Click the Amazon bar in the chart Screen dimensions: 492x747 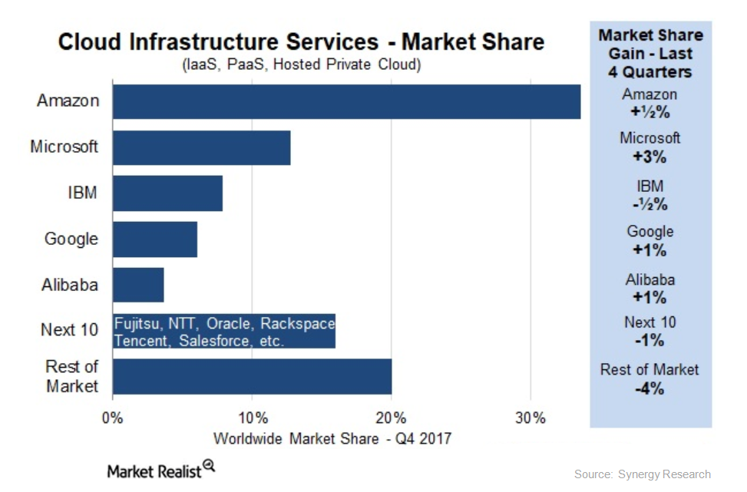tap(346, 102)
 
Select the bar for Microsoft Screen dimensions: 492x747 tap(201, 147)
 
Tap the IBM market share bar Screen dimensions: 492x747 tap(167, 193)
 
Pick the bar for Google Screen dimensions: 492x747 tap(154, 239)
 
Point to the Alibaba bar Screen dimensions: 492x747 tap(138, 285)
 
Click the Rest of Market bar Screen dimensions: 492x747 tap(252, 377)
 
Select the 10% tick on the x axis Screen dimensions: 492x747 tap(253, 418)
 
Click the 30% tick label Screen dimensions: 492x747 tap(531, 418)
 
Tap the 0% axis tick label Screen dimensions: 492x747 tap(113, 418)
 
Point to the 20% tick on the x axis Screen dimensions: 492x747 tap(392, 418)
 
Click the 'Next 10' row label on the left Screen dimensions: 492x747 tap(69, 331)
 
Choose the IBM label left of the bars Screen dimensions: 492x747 tap(82, 193)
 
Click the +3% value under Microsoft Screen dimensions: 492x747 tap(649, 157)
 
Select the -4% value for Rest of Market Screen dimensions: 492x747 tap(649, 388)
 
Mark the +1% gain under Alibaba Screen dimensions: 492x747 tap(649, 297)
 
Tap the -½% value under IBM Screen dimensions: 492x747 tap(649, 204)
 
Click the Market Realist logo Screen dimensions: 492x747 tap(161, 470)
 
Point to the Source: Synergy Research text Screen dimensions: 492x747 tap(642, 474)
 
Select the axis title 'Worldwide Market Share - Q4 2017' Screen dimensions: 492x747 tap(332, 439)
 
